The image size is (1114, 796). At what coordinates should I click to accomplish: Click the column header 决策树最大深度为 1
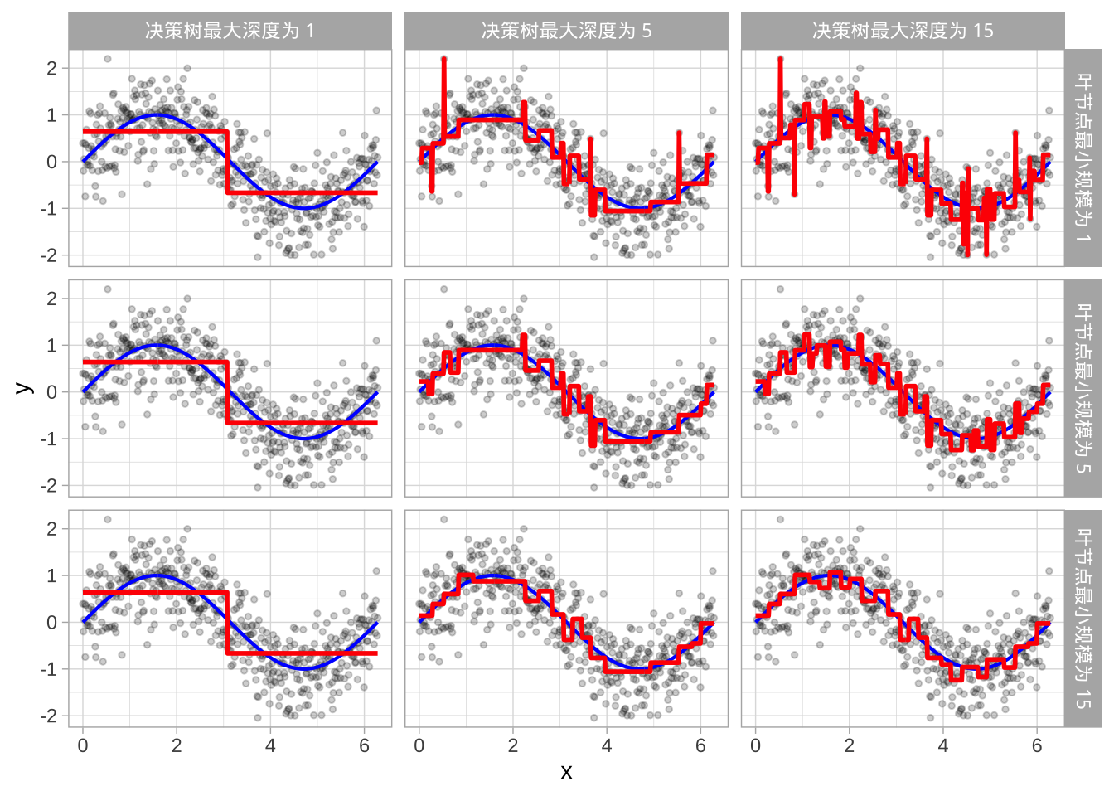coord(230,32)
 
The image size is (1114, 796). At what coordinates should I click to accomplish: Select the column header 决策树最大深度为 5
coord(566,32)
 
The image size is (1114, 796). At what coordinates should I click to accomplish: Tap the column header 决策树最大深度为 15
coord(903,32)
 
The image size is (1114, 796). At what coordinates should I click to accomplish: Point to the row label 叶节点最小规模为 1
coord(1083,158)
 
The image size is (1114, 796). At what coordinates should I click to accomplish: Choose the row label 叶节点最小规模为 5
coord(1083,388)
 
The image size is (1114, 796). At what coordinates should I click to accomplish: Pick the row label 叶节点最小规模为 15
coord(1083,619)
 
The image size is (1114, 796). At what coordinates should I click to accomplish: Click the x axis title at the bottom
coord(566,773)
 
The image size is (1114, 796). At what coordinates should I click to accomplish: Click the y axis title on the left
coord(24,388)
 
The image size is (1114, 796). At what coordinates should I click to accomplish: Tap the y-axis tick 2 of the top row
coord(52,68)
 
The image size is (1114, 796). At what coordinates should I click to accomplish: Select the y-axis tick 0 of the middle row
coord(52,392)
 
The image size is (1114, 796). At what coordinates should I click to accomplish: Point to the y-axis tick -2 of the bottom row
coord(50,716)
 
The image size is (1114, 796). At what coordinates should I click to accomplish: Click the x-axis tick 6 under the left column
coord(364,746)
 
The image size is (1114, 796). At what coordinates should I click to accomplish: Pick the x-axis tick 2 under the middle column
coord(513,746)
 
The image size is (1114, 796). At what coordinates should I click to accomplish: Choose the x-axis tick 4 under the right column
coord(943,746)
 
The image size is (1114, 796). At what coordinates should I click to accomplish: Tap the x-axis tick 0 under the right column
coord(755,746)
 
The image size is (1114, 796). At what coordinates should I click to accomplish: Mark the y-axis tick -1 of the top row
coord(50,208)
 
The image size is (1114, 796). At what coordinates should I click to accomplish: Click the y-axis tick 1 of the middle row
coord(52,345)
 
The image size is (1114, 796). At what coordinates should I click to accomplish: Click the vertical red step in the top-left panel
coord(226,162)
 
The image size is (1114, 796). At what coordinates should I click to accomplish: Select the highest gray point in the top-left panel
coord(108,59)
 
